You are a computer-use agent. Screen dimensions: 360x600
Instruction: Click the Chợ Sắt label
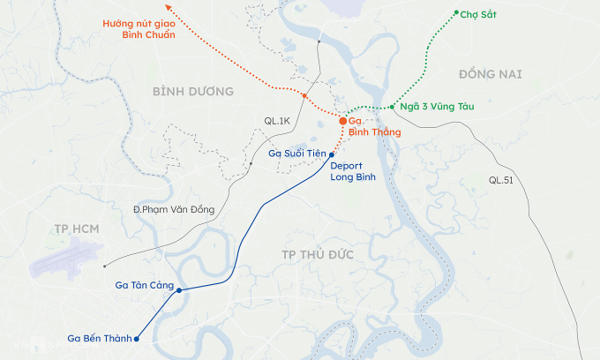477,15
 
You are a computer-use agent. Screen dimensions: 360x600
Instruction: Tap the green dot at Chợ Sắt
456,12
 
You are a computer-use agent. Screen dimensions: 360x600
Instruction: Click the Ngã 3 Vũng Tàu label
437,107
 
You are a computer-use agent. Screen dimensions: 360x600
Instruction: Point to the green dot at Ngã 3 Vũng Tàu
392,107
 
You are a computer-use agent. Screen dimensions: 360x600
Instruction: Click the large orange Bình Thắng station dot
343,121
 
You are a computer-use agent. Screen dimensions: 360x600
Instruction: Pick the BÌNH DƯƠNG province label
192,92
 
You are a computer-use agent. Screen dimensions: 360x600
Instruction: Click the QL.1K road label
277,120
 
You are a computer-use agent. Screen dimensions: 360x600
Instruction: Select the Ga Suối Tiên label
297,154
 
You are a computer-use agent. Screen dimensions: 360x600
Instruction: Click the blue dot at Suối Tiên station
332,154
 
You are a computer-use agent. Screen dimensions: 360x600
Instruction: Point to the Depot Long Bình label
353,171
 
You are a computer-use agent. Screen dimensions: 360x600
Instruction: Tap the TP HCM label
75,229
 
